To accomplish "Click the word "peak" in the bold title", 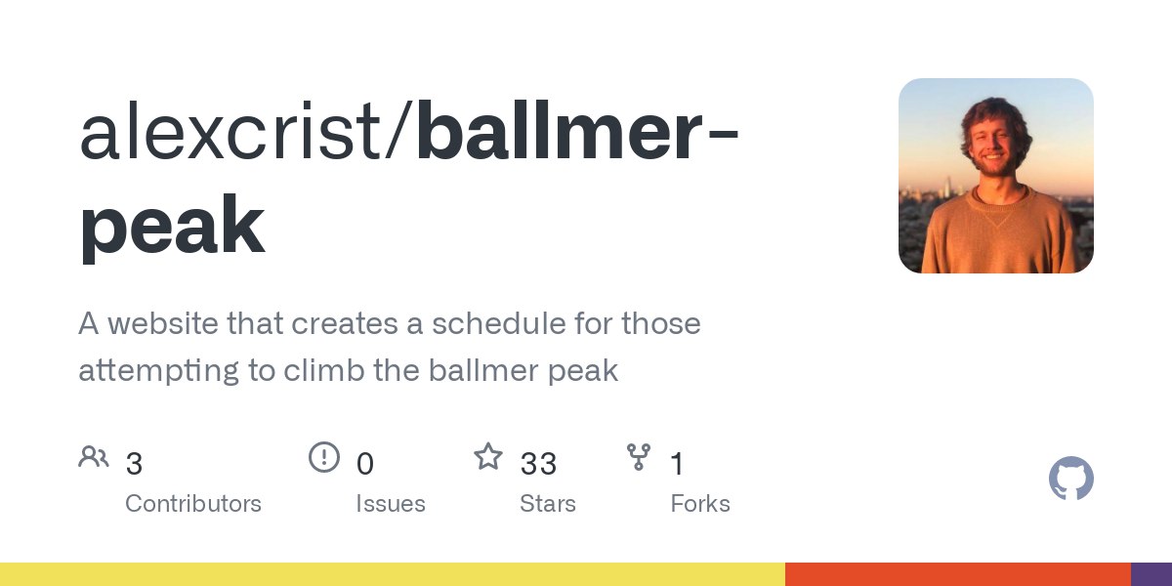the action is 172,228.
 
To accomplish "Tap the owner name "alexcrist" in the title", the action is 230,130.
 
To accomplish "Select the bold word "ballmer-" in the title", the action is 577,130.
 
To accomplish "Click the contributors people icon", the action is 94,457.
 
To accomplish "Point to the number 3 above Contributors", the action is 134,464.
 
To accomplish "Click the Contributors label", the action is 193,504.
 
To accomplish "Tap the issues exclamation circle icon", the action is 324,457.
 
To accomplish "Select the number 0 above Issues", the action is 364,464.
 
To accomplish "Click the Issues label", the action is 391,504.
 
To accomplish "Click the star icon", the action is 488,456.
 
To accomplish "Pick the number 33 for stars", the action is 538,464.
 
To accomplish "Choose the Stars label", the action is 548,504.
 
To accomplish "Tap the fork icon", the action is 639,457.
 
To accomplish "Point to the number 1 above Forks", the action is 677,464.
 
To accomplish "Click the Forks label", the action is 700,504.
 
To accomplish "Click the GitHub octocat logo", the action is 1071,478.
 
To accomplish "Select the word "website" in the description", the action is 163,323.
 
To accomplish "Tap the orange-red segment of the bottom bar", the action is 957,574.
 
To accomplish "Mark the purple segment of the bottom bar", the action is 1151,574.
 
